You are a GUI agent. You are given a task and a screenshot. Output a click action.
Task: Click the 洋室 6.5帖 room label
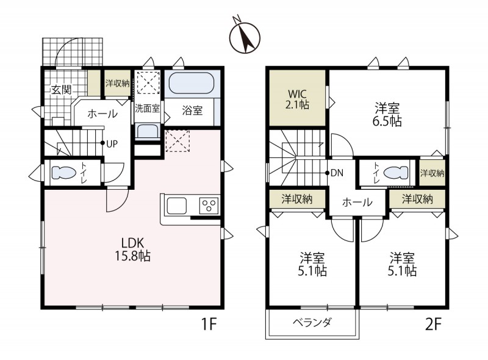pos(387,114)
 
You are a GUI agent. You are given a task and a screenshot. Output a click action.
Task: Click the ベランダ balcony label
pos(312,323)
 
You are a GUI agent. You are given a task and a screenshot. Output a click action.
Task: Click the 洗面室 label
pos(147,109)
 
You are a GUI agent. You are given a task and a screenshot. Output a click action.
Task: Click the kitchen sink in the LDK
pos(178,206)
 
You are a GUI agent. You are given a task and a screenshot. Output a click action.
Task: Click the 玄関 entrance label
pos(61,90)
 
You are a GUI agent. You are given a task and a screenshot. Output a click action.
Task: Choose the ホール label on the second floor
pos(357,203)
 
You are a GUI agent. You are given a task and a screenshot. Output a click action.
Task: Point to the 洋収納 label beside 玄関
pos(117,84)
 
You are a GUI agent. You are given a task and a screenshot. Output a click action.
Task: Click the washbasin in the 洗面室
pos(146,131)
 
